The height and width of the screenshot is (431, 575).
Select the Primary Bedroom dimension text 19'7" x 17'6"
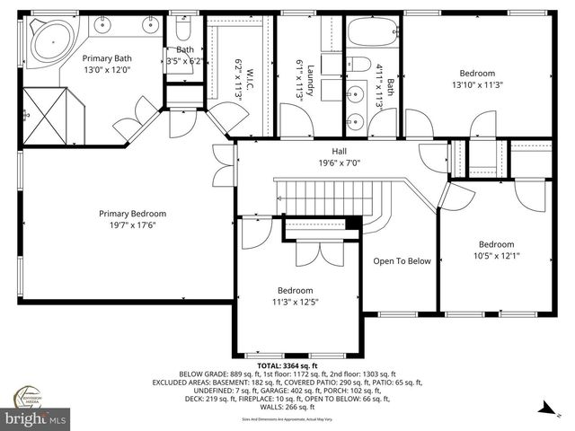(x=132, y=225)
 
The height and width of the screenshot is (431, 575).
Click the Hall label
(x=339, y=151)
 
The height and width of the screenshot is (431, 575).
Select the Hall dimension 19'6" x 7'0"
(x=339, y=163)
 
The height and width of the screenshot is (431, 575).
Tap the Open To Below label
(x=402, y=261)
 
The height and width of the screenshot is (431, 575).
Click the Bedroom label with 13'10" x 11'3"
(x=477, y=74)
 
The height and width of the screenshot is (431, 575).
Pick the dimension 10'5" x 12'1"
(x=496, y=256)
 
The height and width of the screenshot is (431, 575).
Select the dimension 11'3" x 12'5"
(x=295, y=303)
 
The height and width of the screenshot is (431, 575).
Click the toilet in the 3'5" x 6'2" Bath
(x=183, y=34)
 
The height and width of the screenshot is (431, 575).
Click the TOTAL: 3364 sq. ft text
(x=287, y=366)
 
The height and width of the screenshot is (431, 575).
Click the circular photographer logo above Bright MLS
(x=33, y=395)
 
